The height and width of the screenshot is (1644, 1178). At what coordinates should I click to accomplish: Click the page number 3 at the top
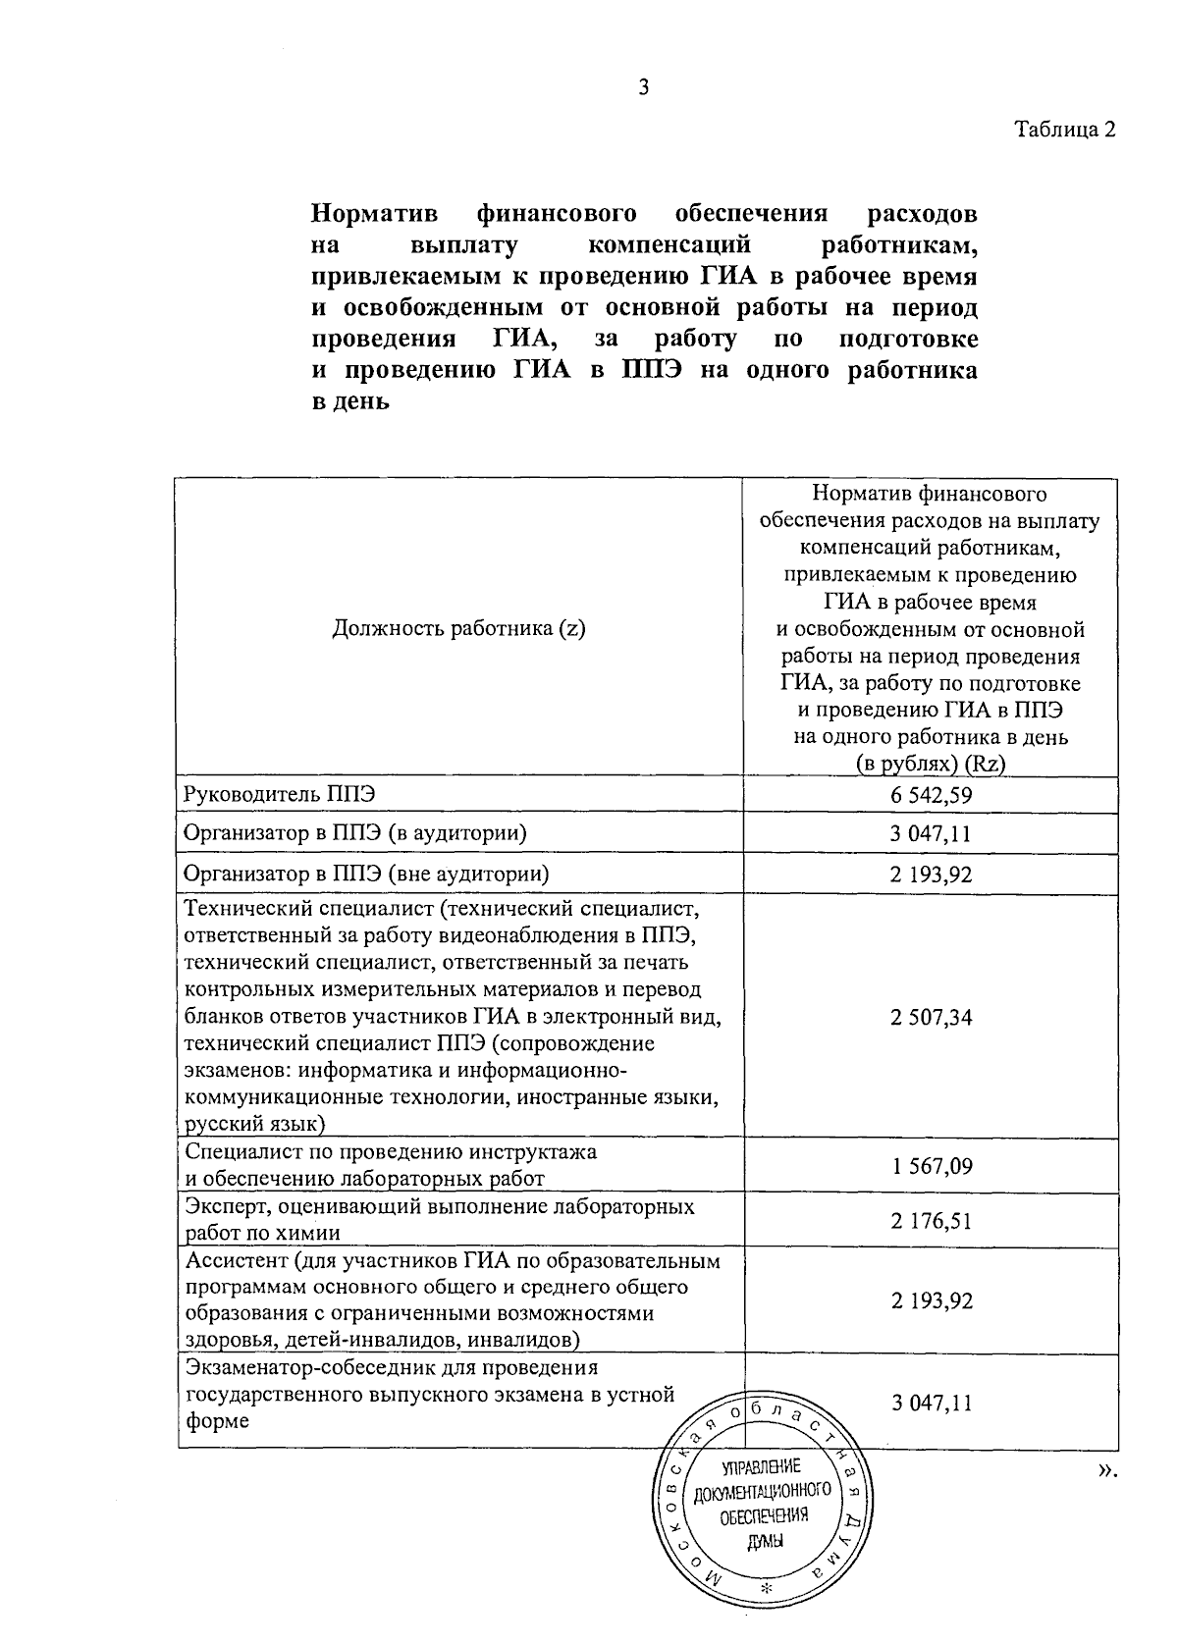coord(644,88)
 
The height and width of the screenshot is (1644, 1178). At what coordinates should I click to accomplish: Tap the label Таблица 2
coord(1064,130)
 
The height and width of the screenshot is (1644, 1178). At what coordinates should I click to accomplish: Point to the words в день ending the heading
coord(350,402)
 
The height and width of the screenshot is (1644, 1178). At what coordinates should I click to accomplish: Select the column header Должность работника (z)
coord(458,629)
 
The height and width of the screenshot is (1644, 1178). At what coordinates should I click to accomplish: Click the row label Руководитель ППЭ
coord(267,793)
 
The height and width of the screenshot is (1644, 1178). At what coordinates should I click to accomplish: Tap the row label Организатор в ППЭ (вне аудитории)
coord(366,874)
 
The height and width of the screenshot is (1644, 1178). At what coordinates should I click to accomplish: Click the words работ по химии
coord(263,1234)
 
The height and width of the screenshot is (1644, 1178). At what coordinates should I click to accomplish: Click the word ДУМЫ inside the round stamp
coord(766,1542)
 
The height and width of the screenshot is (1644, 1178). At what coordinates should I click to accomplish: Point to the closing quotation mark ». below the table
coord(1106,1469)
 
